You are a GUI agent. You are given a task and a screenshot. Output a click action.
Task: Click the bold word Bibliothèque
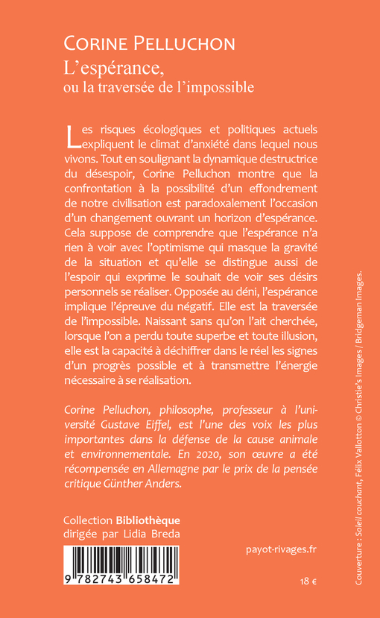point(148,520)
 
